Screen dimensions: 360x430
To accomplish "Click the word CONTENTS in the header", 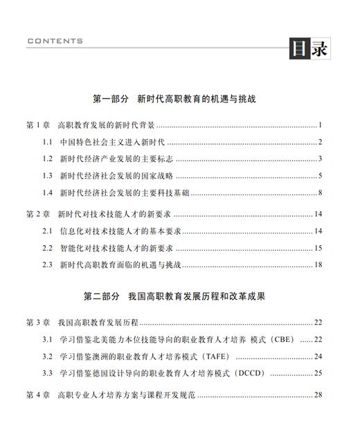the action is pyautogui.click(x=55, y=42).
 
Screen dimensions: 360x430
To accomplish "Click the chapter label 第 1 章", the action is pyautogui.click(x=37, y=125).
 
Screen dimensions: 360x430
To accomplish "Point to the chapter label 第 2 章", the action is pyautogui.click(x=37, y=214).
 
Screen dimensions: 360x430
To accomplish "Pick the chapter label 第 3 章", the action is pyautogui.click(x=37, y=322).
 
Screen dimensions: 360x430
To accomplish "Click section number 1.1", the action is pyautogui.click(x=48, y=143).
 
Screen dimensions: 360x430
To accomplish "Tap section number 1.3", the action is pyautogui.click(x=48, y=176).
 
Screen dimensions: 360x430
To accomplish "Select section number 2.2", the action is pyautogui.click(x=48, y=247).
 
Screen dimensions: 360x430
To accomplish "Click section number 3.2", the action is pyautogui.click(x=48, y=356).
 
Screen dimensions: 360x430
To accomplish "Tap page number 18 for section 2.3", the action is pyautogui.click(x=318, y=265).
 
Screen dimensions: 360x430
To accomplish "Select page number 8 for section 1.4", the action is pyautogui.click(x=321, y=192).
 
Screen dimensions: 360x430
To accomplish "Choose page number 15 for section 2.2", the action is pyautogui.click(x=318, y=247).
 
